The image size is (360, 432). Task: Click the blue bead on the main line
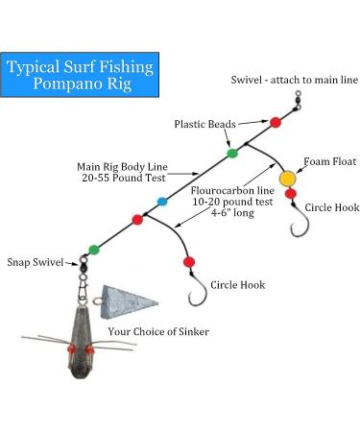click(161, 202)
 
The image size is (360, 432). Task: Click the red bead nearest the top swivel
click(276, 122)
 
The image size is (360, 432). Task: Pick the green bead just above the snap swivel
click(93, 250)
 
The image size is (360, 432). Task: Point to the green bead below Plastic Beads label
click(231, 153)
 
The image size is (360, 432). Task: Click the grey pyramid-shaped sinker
click(128, 306)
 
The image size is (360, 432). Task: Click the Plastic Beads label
click(204, 124)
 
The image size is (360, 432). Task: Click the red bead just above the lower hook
click(189, 260)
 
